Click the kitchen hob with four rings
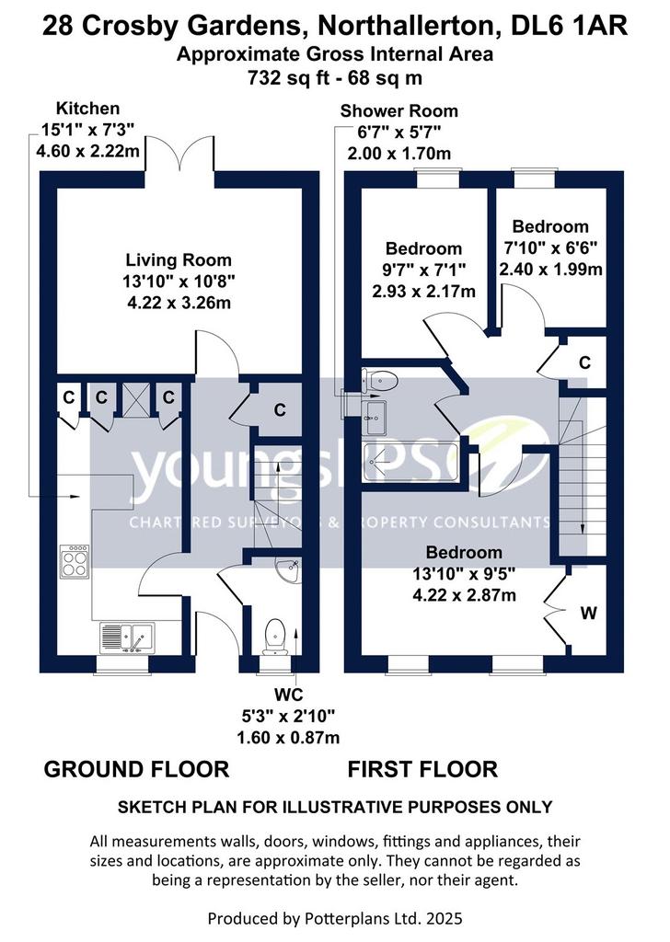(75, 561)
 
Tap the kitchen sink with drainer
(127, 637)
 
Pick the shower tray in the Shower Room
(410, 462)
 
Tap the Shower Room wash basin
(376, 417)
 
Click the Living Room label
(179, 260)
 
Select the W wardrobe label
(589, 613)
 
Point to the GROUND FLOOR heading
(136, 770)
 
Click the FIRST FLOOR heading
(422, 770)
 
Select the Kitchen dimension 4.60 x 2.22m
(87, 150)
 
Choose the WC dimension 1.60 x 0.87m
(288, 737)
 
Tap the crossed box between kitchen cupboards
(135, 399)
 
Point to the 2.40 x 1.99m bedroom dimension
(550, 269)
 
